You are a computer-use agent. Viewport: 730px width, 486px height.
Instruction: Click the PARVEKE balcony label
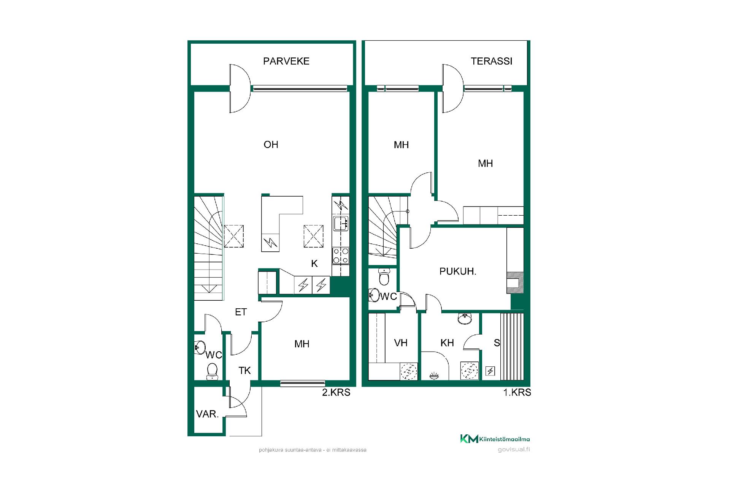click(286, 61)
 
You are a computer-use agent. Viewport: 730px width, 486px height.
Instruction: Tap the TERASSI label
click(491, 61)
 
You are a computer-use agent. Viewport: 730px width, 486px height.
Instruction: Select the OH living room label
click(271, 145)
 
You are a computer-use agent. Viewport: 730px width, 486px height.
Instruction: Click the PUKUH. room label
click(458, 271)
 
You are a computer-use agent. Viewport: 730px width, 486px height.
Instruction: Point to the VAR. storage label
click(207, 414)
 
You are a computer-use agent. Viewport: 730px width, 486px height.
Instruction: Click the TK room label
click(244, 371)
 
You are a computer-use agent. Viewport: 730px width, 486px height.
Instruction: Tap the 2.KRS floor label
click(336, 392)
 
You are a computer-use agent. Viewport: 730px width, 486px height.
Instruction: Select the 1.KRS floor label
click(517, 392)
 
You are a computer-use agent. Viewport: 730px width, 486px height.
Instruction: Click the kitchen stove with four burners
click(341, 256)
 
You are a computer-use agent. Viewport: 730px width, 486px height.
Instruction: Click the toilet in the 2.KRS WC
click(212, 371)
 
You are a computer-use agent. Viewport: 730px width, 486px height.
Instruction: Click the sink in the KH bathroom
click(465, 319)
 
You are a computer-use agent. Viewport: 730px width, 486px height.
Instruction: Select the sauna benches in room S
click(512, 346)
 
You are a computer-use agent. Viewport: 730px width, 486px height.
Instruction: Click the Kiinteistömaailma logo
click(495, 439)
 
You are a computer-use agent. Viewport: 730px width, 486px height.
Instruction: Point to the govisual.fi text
click(514, 450)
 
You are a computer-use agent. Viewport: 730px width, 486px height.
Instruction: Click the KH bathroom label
click(447, 343)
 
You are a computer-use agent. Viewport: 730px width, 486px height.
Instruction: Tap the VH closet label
click(401, 343)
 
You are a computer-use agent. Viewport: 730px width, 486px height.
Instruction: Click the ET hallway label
click(241, 312)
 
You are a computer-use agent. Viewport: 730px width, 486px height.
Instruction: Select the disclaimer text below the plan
click(313, 450)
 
